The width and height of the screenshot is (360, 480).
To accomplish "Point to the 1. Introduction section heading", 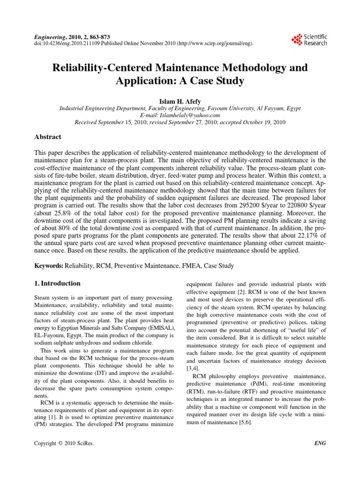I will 58,283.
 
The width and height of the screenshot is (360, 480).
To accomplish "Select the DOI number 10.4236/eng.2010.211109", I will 68,44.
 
